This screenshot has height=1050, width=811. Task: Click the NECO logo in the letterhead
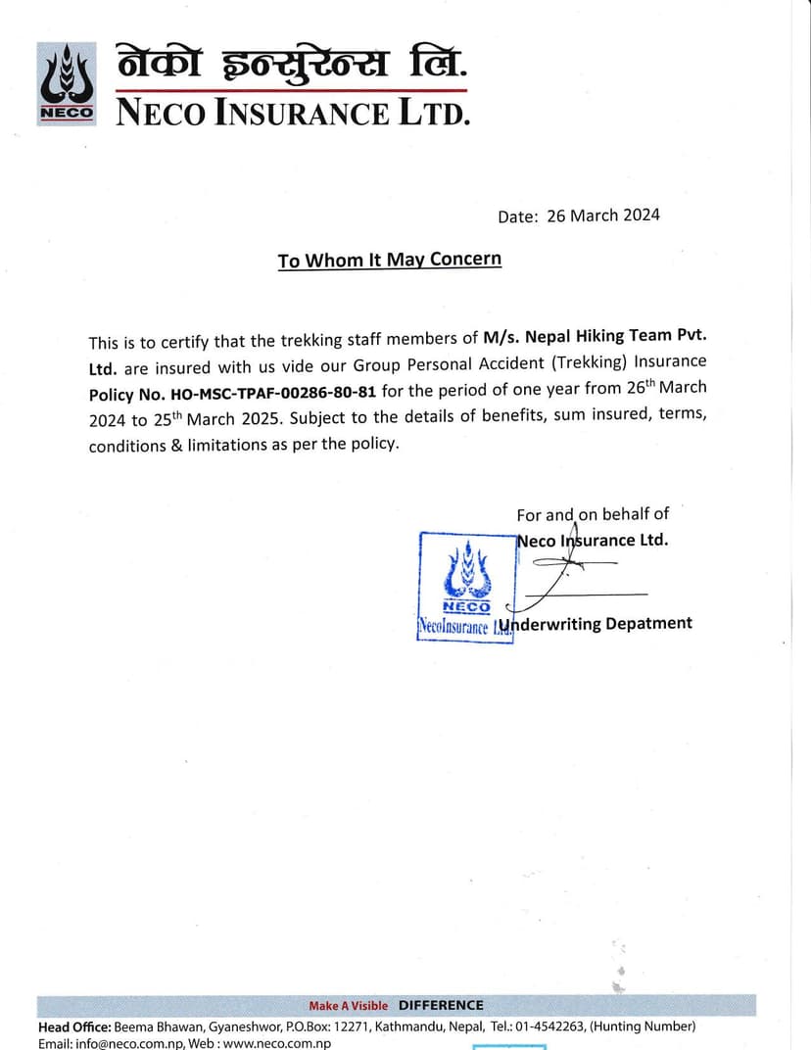point(67,84)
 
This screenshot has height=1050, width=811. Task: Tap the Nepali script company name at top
point(292,65)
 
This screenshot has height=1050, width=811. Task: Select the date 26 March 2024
point(602,215)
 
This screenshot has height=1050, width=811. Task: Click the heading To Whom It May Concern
point(389,260)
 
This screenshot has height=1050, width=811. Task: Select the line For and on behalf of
point(593,514)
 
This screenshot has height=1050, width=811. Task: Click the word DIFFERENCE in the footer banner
point(441,1005)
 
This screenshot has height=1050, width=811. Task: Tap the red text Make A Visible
point(348,1006)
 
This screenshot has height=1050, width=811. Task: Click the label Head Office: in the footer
point(74,1026)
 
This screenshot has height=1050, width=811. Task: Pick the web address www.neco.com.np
point(276,1043)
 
